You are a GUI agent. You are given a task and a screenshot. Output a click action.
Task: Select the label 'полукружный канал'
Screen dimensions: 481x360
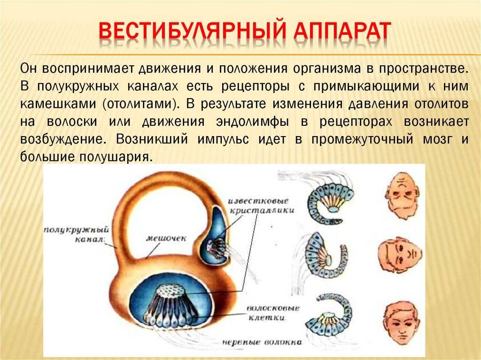pos(76,234)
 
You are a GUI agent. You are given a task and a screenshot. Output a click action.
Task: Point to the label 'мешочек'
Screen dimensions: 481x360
pos(166,238)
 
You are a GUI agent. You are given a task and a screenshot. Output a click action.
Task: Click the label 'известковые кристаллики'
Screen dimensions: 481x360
pos(261,206)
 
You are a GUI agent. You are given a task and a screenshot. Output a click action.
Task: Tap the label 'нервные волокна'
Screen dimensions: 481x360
pos(262,342)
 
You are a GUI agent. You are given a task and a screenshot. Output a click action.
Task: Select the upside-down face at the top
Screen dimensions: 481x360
pos(402,196)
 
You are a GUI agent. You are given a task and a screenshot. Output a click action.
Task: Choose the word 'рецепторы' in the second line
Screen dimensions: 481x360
pos(255,86)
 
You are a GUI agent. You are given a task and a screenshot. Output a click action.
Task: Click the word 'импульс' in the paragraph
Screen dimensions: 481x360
pos(223,139)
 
